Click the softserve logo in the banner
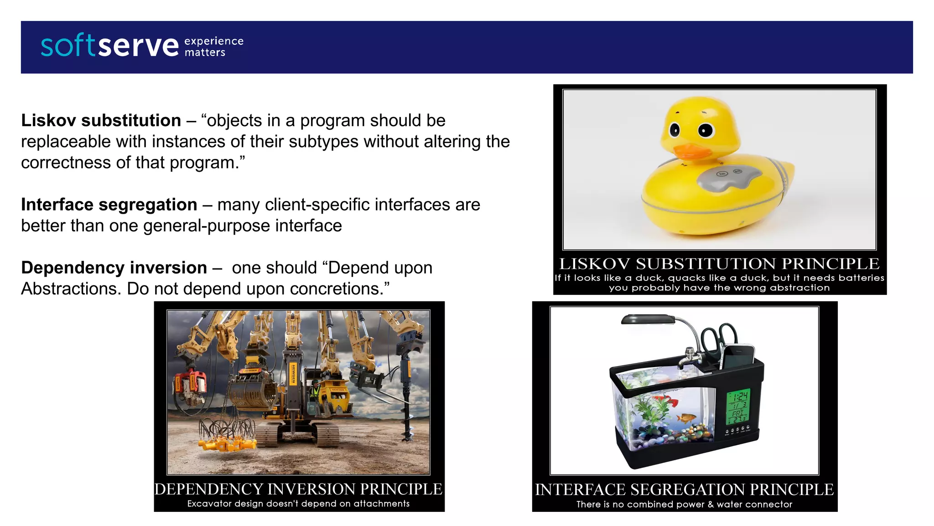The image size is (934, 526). click(109, 46)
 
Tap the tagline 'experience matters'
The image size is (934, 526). click(213, 47)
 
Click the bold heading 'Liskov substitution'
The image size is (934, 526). click(101, 121)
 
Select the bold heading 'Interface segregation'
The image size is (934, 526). click(109, 205)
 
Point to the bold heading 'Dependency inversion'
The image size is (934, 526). click(114, 268)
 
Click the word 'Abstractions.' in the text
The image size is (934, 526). click(71, 289)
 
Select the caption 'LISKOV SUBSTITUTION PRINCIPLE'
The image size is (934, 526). click(719, 264)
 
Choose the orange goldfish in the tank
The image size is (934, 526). click(686, 418)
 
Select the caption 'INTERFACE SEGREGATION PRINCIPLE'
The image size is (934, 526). click(684, 489)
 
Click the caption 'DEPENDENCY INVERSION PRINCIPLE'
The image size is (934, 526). click(298, 489)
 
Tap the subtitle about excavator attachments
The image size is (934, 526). click(298, 504)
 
